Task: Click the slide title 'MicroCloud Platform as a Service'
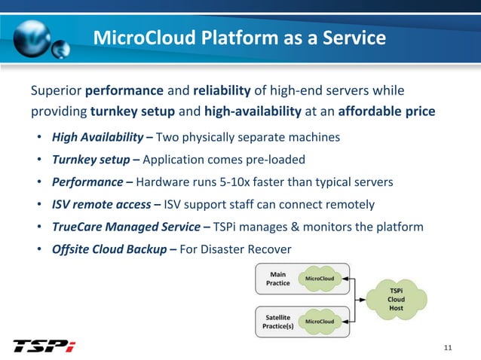point(239,37)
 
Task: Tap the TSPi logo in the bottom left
point(44,346)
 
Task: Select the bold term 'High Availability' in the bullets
point(97,138)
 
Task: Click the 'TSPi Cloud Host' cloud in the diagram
point(396,299)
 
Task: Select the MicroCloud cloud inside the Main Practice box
point(320,279)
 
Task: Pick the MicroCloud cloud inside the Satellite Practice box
point(320,322)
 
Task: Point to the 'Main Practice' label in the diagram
point(277,279)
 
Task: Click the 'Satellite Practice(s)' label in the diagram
point(277,322)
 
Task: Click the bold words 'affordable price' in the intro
point(387,112)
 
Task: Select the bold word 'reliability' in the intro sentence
point(222,91)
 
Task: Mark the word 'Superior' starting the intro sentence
point(56,91)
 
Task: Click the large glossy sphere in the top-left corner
point(32,36)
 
